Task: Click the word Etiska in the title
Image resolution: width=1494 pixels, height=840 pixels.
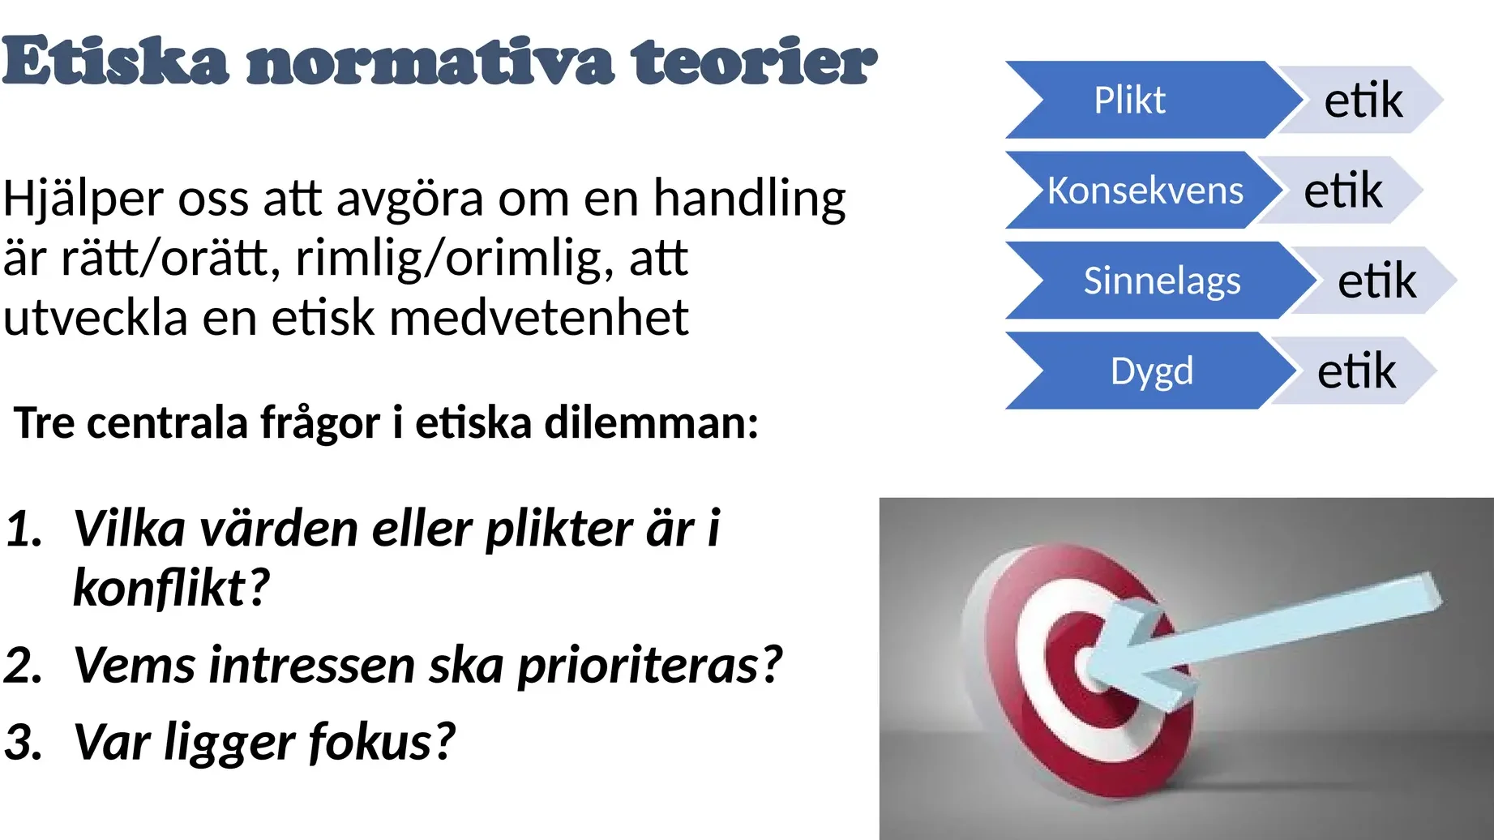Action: [x=115, y=61]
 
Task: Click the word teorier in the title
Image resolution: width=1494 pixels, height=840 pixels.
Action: [x=754, y=61]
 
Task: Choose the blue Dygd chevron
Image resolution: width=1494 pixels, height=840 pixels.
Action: [x=1151, y=371]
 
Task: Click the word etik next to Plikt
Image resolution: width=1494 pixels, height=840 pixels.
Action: [x=1363, y=100]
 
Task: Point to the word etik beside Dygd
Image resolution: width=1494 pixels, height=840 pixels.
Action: [x=1356, y=371]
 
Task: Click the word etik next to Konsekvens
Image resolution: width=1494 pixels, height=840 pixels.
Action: [x=1342, y=191]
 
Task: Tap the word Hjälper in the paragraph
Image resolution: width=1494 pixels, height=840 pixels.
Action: [x=83, y=199]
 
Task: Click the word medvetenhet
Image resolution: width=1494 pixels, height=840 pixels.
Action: [x=539, y=317]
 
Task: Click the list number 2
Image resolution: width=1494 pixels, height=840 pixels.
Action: [x=23, y=665]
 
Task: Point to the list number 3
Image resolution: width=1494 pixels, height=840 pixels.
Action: [x=23, y=742]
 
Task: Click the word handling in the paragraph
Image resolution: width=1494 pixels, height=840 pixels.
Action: [x=750, y=199]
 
